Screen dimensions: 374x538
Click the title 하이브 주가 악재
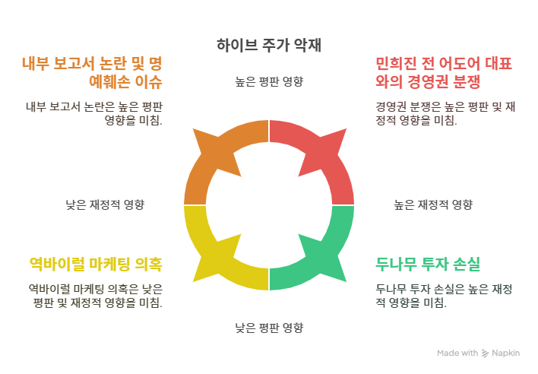(268, 43)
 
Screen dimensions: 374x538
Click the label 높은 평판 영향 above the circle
(268, 81)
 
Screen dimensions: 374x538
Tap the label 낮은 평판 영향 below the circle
(268, 328)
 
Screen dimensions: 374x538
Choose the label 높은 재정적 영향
(433, 204)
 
